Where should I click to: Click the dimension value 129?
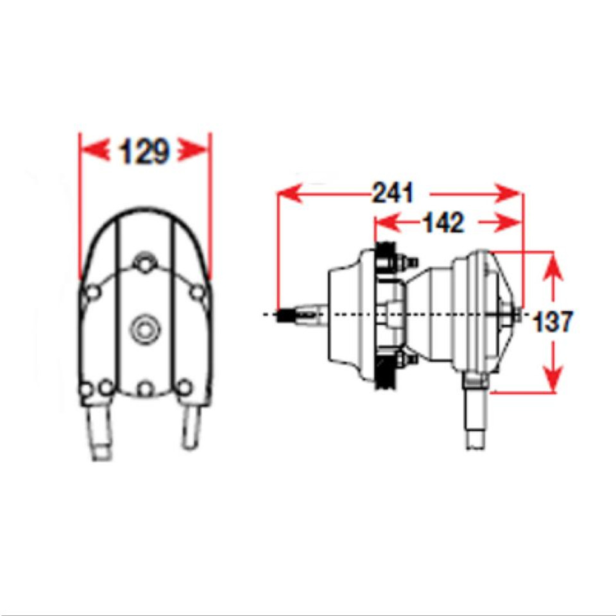[x=144, y=152]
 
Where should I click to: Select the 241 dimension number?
[x=393, y=193]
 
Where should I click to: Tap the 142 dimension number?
[x=443, y=223]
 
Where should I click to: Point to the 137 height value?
[x=552, y=321]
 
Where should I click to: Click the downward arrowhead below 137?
[x=553, y=375]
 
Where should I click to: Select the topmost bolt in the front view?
[x=145, y=264]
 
